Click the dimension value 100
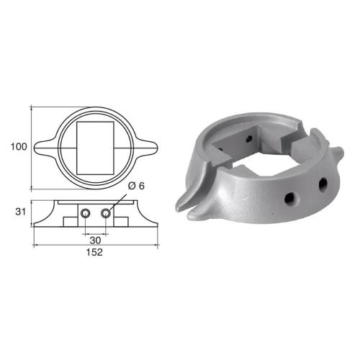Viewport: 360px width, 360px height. pos(19,146)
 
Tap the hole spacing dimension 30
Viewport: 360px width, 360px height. pos(96,240)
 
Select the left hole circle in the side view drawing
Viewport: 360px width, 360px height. pos(86,214)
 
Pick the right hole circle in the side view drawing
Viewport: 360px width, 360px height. pos(107,214)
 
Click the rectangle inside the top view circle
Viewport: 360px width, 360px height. pos(96,146)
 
